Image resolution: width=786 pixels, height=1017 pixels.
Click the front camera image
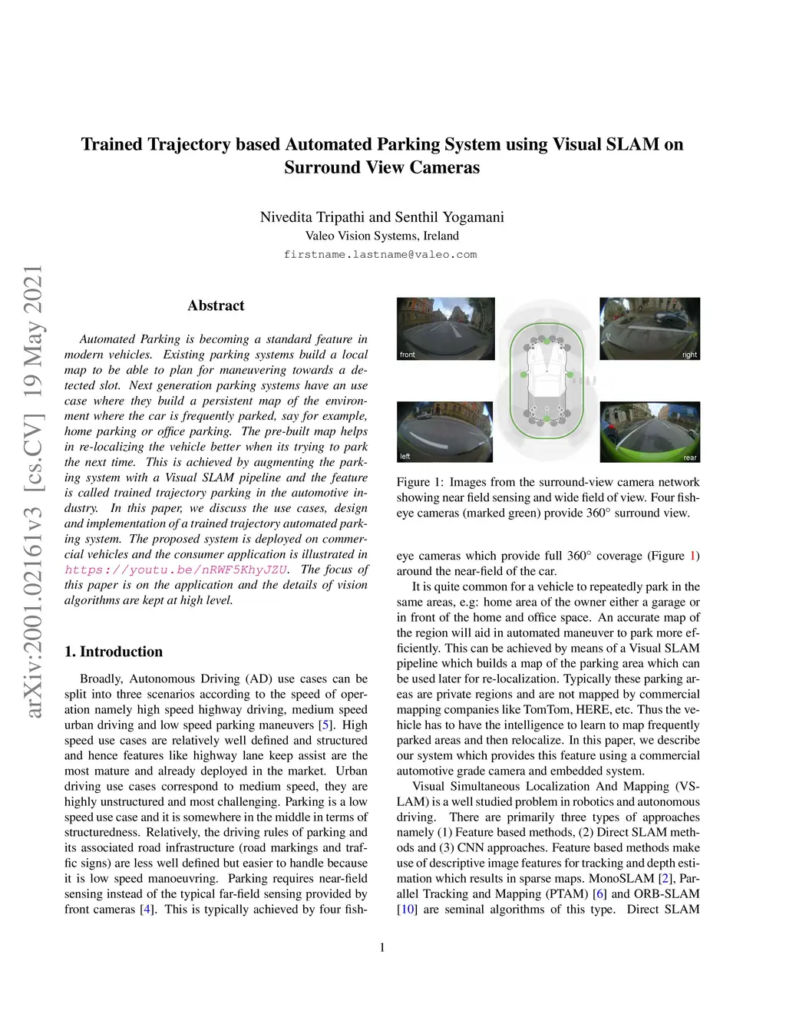[445, 329]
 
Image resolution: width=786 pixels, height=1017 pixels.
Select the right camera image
[649, 329]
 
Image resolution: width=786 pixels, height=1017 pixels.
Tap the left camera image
[444, 431]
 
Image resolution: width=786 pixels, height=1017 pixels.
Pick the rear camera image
[649, 431]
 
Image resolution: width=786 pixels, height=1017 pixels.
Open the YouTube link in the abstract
[177, 570]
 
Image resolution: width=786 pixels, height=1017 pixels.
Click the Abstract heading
[216, 305]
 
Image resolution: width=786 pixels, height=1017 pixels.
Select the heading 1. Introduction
[114, 652]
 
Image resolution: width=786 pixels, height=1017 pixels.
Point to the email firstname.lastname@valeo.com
[381, 255]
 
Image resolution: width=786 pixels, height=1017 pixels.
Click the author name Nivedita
[292, 217]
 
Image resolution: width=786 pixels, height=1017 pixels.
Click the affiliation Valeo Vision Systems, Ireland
[381, 236]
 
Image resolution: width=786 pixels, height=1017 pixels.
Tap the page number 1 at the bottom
[382, 947]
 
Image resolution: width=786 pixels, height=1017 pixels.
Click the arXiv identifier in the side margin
[34, 491]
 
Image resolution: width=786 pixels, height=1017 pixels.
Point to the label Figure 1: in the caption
[420, 482]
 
